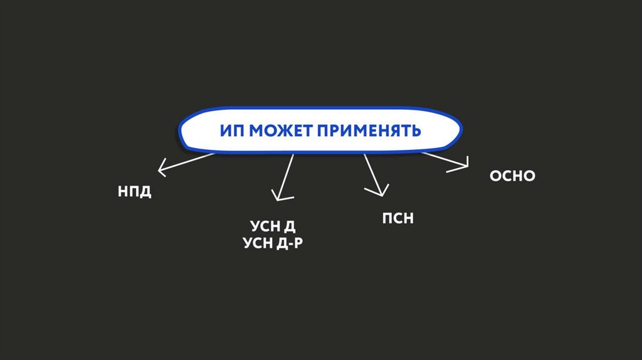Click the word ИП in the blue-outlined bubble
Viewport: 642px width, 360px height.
[232, 131]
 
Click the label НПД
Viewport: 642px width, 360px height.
[135, 191]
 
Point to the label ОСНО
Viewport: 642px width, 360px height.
[512, 176]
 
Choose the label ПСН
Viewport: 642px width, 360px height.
[398, 219]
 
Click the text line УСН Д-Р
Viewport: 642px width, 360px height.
[273, 243]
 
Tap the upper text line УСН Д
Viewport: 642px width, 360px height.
[268, 226]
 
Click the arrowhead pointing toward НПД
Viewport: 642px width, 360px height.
[162, 168]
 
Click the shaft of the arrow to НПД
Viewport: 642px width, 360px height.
[188, 161]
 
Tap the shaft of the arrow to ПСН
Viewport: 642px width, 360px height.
[371, 172]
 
